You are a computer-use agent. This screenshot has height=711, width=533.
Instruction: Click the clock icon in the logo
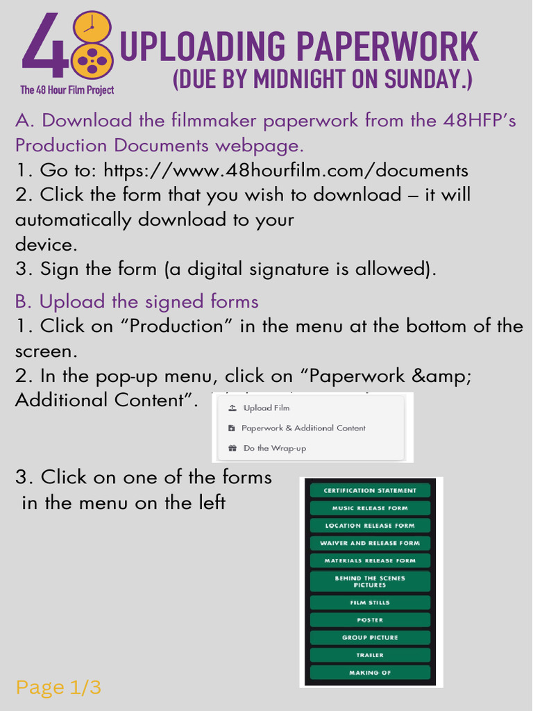point(90,27)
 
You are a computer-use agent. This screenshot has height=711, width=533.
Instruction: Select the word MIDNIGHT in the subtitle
point(299,78)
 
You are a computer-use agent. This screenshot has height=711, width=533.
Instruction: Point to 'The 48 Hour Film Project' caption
point(67,90)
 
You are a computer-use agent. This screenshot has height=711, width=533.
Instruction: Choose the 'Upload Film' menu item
point(266,408)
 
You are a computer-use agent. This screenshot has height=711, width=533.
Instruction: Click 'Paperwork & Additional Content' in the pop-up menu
point(303,428)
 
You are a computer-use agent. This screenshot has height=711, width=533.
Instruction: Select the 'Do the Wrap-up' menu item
point(274,449)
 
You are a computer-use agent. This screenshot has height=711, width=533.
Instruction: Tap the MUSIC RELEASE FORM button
point(370,508)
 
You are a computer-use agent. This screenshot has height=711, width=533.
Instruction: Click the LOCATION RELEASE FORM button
point(370,526)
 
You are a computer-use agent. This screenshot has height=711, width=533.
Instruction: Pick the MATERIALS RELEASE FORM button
point(370,560)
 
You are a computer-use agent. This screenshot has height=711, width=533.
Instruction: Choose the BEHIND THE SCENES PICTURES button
point(370,582)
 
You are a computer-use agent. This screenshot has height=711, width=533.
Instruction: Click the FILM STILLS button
point(370,603)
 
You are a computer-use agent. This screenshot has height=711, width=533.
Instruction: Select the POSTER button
point(370,620)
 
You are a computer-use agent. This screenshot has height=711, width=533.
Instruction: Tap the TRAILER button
point(370,655)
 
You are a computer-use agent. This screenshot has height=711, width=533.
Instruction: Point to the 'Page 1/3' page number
point(58,688)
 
